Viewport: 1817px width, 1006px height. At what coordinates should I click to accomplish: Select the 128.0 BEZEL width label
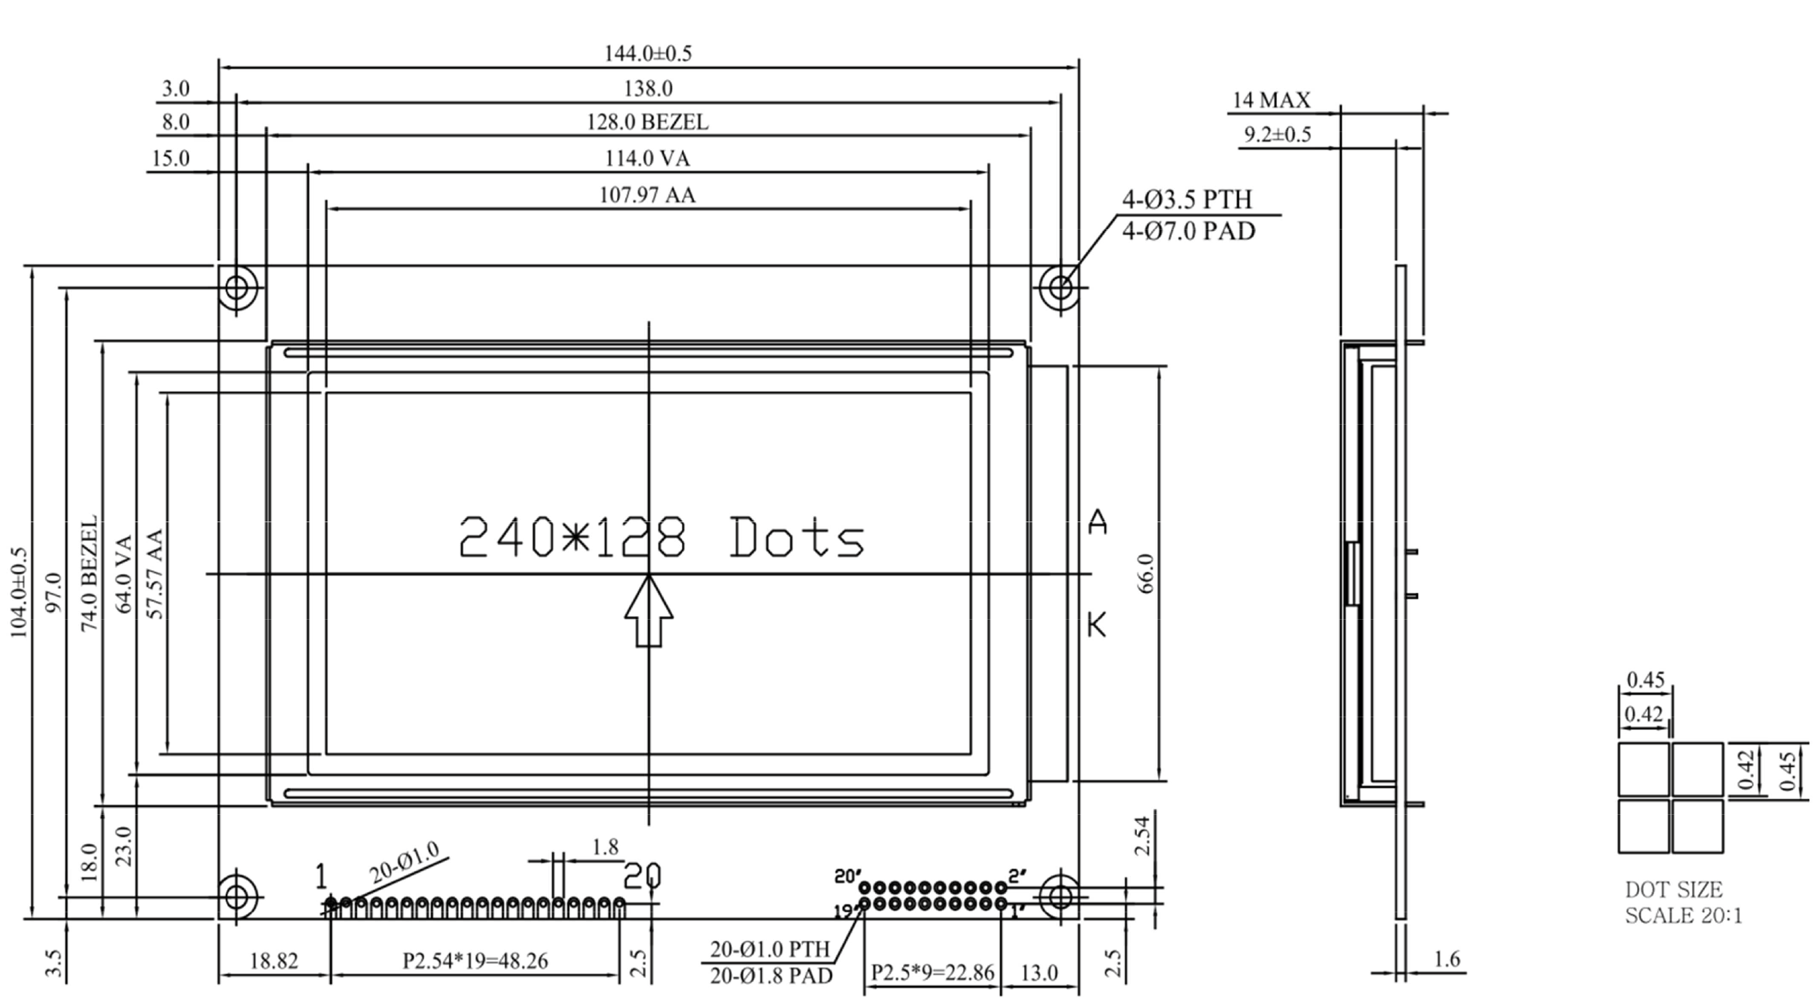(648, 123)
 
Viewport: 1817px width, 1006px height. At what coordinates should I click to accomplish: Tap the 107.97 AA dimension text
(648, 195)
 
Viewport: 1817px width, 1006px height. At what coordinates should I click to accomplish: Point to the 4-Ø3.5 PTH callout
(1187, 200)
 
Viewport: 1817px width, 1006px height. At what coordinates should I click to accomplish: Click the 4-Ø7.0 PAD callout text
(1188, 231)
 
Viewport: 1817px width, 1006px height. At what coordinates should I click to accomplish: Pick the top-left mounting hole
(237, 287)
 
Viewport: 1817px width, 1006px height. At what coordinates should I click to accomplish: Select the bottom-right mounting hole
(1060, 897)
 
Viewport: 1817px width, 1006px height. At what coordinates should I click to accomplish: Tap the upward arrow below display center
(648, 611)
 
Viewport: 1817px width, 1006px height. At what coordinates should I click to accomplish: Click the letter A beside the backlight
(1097, 522)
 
